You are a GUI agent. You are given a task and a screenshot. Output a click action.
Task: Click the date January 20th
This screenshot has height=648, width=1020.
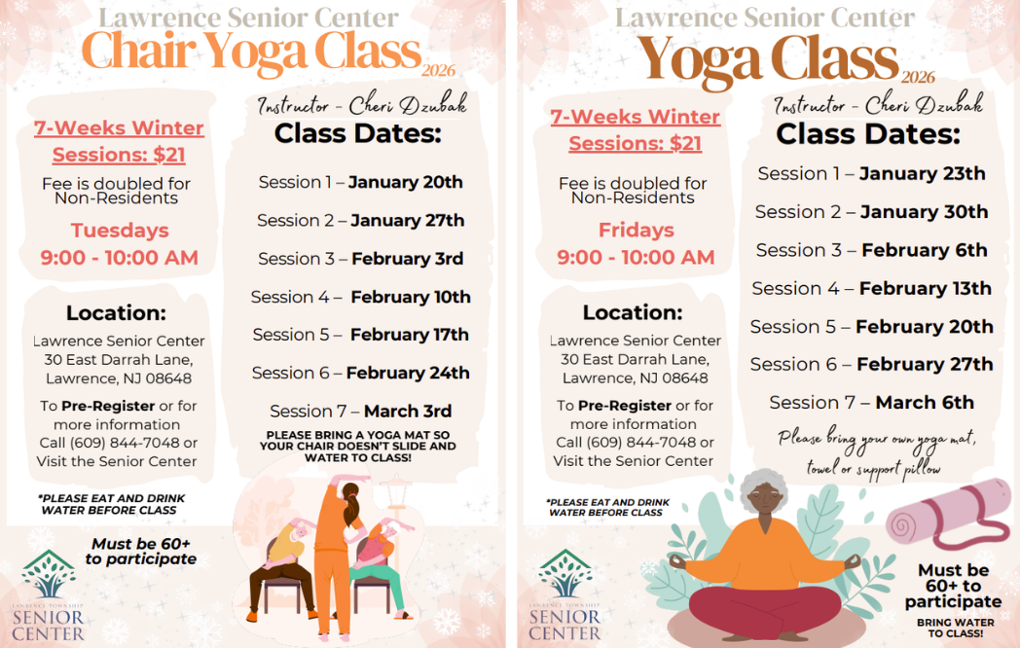pyautogui.click(x=405, y=182)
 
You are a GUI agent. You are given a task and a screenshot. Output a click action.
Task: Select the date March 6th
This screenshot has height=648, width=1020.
pyautogui.click(x=925, y=403)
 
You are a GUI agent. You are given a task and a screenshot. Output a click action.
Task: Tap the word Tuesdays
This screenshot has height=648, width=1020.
pyautogui.click(x=120, y=231)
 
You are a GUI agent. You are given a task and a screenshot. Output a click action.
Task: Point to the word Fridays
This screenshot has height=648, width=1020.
pyautogui.click(x=637, y=231)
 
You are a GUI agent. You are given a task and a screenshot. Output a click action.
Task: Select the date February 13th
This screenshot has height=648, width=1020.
pyautogui.click(x=925, y=288)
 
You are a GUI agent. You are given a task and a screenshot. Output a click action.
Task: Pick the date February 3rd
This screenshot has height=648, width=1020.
pyautogui.click(x=407, y=259)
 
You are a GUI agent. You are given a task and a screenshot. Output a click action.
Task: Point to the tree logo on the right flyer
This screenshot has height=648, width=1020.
pyautogui.click(x=565, y=573)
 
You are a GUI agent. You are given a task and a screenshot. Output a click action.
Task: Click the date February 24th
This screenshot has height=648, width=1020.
pyautogui.click(x=408, y=373)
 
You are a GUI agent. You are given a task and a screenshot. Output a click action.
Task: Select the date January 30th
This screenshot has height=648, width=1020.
pyautogui.click(x=924, y=212)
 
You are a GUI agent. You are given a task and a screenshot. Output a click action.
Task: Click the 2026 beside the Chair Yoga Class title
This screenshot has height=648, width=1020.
pyautogui.click(x=438, y=70)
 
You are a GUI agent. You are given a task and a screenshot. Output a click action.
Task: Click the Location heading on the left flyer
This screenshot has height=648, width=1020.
pyautogui.click(x=116, y=313)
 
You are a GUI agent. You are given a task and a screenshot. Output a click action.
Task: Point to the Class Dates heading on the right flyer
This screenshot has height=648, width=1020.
pyautogui.click(x=868, y=134)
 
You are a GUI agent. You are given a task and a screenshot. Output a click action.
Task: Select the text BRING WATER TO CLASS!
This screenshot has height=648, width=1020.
pyautogui.click(x=955, y=628)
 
